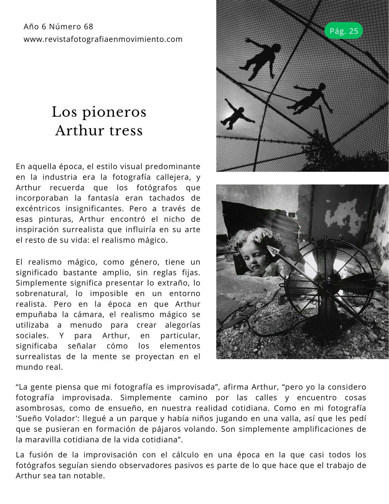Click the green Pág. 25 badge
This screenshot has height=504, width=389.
coord(343,31)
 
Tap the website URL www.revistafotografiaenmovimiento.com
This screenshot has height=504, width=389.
coord(103,39)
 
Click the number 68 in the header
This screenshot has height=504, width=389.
coord(88,26)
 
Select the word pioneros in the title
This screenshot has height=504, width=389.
coord(114,112)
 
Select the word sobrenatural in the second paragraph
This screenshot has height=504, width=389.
coord(42,294)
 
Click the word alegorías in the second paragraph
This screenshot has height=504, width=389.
coord(183,325)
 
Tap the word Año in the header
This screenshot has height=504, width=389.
coord(31,26)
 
